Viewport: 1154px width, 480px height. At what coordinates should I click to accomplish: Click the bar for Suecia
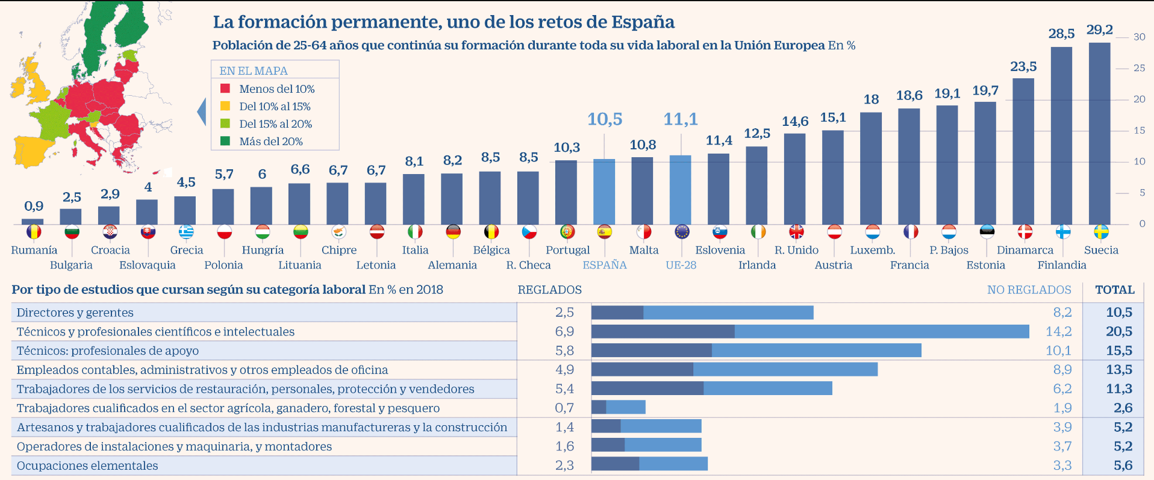coord(1099,132)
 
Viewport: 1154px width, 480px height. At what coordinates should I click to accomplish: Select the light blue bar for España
coord(604,192)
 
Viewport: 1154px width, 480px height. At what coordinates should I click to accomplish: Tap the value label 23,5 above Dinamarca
coord(1023,66)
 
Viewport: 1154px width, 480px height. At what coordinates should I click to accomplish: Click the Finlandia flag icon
coord(1063,232)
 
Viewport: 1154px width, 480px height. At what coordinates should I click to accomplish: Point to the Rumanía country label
coord(34,250)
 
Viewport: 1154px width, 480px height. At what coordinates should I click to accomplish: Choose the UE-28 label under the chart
coord(681,265)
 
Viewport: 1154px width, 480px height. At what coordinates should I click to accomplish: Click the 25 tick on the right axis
coord(1139,68)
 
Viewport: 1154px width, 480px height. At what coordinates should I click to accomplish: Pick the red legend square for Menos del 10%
coord(225,89)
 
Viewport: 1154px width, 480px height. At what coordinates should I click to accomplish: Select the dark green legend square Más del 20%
coord(225,141)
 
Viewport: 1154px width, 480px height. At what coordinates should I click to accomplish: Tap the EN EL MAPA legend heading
coord(253,70)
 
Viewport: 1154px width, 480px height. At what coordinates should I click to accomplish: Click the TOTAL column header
coord(1115,290)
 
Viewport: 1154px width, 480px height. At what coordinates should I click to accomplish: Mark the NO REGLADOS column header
coord(1029,290)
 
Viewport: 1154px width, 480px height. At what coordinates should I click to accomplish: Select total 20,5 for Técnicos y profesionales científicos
coord(1119,331)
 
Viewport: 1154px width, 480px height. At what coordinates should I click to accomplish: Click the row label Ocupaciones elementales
coord(87,466)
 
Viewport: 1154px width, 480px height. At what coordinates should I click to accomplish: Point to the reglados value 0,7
coord(564,408)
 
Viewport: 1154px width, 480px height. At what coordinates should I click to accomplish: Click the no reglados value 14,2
coord(1058,331)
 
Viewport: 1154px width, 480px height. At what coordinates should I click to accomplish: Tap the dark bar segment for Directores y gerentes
coord(617,313)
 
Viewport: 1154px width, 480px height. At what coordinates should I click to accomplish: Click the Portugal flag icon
coord(567,232)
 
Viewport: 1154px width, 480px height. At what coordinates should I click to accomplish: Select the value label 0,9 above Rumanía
coord(34,206)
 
